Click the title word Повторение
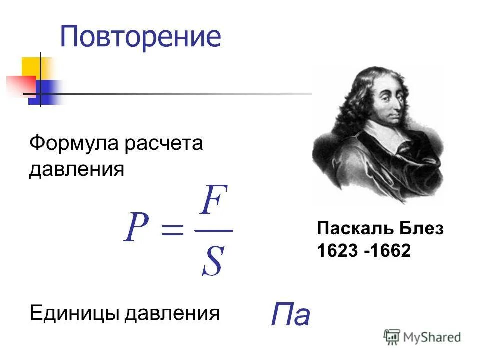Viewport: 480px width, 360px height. tap(140, 37)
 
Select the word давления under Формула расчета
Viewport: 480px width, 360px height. tap(76, 169)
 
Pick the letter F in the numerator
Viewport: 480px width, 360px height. tap(214, 202)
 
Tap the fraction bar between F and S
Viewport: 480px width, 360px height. tap(214, 231)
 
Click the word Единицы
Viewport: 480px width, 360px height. tap(75, 314)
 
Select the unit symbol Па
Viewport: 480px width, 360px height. tap(290, 315)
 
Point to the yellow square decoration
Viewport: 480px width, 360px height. tap(32, 67)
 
